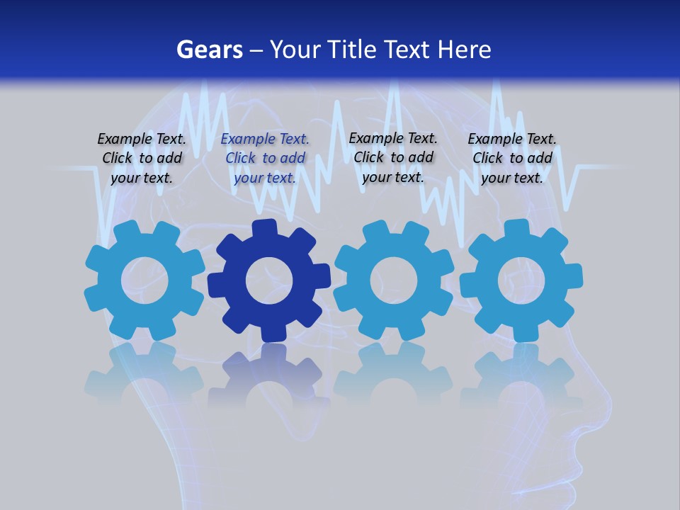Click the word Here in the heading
(x=464, y=50)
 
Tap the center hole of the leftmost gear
(x=144, y=280)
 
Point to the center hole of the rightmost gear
(x=521, y=280)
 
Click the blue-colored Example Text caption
(x=265, y=159)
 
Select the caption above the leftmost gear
(x=142, y=159)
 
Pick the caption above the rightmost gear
(x=512, y=159)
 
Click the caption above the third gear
(x=393, y=157)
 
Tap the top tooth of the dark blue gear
(x=263, y=229)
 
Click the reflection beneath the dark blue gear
(x=269, y=375)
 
